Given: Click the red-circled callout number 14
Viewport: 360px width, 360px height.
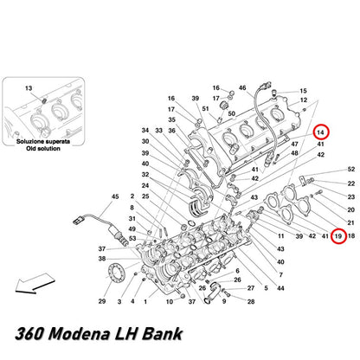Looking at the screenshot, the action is tap(320, 132).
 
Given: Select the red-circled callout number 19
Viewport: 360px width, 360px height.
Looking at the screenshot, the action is tap(338, 236).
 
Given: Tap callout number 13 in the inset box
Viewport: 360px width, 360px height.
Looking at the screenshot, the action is tap(29, 88).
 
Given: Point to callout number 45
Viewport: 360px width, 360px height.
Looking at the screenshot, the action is tap(115, 196).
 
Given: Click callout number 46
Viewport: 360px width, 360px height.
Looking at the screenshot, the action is tap(242, 87).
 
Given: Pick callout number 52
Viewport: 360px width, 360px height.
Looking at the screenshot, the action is tap(351, 169).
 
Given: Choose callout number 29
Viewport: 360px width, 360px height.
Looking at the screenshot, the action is tap(102, 301).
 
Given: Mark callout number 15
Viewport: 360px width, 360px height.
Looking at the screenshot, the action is tap(303, 91).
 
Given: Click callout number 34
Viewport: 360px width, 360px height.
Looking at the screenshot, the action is tap(145, 131).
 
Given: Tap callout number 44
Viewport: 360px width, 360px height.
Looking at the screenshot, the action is tap(280, 288).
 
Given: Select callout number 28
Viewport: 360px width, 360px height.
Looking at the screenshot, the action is tap(251, 302).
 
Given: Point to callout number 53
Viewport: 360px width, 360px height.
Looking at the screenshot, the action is tap(132, 239).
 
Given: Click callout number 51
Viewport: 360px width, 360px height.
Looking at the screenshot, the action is tap(205, 109).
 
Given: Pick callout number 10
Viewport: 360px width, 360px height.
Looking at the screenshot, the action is tap(170, 302).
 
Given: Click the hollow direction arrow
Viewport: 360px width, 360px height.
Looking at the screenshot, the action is tap(35, 284).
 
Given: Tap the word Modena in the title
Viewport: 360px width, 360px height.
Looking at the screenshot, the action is tap(80, 334).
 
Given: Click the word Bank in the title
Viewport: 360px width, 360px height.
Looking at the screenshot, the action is tap(163, 334).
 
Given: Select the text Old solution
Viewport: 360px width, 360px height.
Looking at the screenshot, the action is tap(43, 149).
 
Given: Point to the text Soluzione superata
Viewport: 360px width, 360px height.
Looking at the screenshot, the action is tap(43, 142).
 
